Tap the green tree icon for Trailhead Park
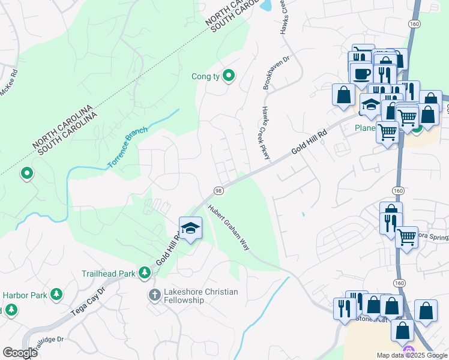coord(144,274)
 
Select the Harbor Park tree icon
coord(56,295)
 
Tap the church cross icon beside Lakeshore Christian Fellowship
coord(154,295)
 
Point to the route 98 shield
coord(218,191)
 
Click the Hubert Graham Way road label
coord(229,227)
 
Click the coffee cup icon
coord(362,74)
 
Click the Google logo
coord(20,353)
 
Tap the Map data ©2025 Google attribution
coord(411,355)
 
